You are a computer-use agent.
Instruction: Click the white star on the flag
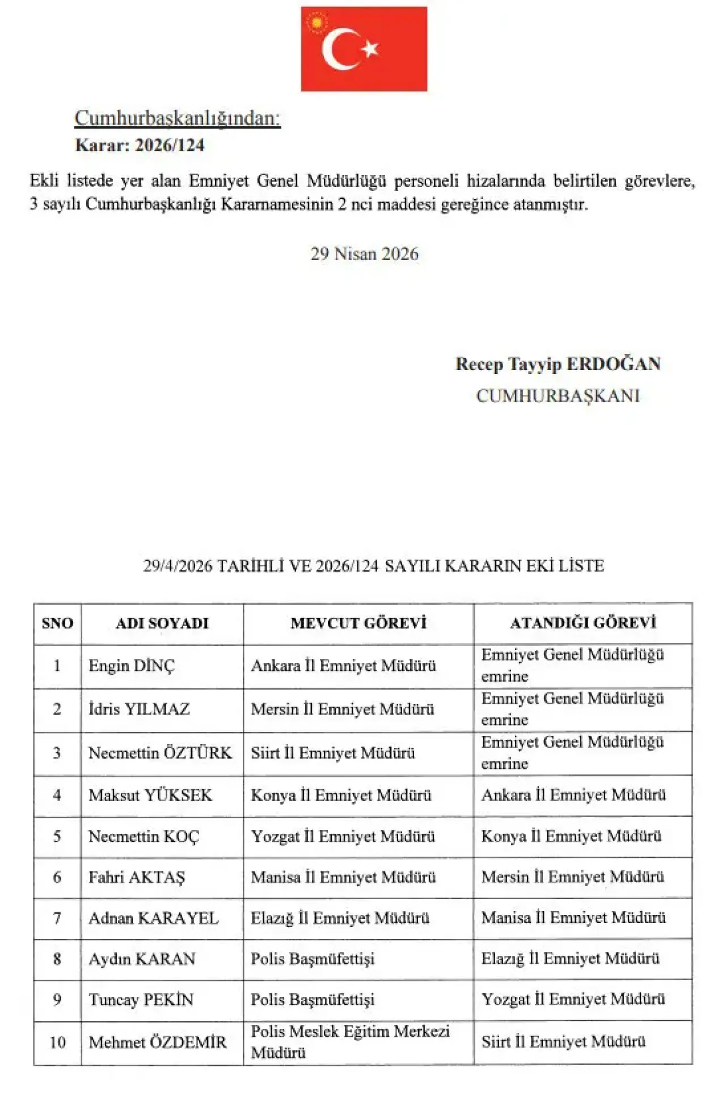pos(370,49)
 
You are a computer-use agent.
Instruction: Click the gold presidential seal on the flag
pos(316,23)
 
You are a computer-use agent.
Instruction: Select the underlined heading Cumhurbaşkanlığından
pos(178,118)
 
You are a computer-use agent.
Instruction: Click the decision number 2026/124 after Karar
pos(170,146)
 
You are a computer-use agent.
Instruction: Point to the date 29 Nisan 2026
pos(364,254)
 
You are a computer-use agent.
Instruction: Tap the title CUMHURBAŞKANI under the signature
pos(558,395)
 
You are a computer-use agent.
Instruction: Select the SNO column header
pos(57,623)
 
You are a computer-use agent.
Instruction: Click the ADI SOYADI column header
pos(162,623)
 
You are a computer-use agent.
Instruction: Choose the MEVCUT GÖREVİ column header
pos(358,623)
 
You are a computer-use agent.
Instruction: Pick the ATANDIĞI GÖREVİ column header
pos(583,623)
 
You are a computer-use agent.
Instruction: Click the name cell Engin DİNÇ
pos(132,666)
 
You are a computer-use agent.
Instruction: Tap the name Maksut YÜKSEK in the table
pos(150,795)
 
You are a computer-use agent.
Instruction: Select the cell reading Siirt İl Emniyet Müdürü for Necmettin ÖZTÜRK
pos(333,753)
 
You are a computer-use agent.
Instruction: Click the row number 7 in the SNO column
pos(57,918)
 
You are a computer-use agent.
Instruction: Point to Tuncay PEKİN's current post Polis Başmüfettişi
pos(313,1000)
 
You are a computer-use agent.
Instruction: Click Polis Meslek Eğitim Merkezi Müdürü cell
pos(350,1042)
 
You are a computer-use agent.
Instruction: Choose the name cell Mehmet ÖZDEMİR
pos(158,1042)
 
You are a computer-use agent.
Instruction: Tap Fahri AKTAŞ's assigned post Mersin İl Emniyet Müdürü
pos(572,877)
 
